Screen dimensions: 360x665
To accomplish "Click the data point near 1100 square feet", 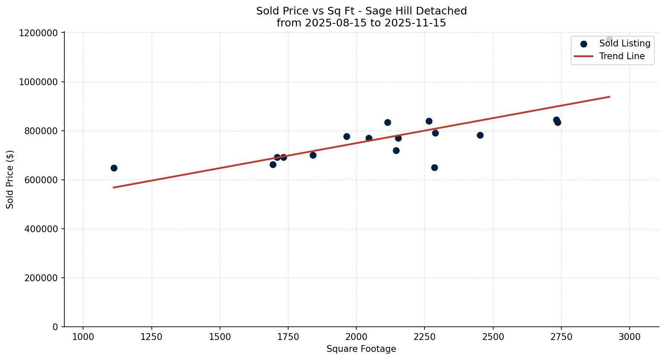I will click(114, 168).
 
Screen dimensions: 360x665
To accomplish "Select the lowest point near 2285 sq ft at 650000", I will click(434, 167).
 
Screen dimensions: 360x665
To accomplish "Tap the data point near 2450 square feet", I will click(480, 135).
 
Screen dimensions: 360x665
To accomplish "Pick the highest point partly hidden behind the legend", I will click(609, 39).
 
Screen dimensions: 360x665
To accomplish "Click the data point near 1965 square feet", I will click(347, 136).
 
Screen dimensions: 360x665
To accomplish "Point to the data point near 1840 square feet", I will click(313, 155).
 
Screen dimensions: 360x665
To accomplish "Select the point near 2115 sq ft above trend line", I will click(387, 122).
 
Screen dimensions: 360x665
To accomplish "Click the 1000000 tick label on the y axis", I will click(39, 82).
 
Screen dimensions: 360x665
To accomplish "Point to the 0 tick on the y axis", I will click(55, 327).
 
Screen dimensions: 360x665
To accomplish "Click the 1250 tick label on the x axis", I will click(151, 337).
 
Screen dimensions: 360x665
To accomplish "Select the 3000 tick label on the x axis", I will click(629, 337).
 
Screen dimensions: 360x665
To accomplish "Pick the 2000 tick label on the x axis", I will click(356, 337).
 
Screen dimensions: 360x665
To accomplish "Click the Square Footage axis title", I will click(361, 349).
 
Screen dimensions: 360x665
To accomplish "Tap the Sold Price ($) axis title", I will click(10, 179).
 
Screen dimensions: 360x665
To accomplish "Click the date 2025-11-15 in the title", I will click(415, 23).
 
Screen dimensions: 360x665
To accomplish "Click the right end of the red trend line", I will click(610, 97).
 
